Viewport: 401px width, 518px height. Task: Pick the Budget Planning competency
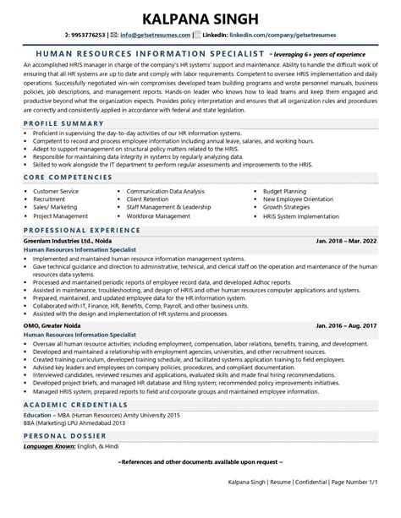pyautogui.click(x=285, y=192)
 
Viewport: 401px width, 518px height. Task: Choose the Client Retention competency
pyautogui.click(x=151, y=200)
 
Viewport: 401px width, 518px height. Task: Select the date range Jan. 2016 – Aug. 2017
pyautogui.click(x=344, y=325)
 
